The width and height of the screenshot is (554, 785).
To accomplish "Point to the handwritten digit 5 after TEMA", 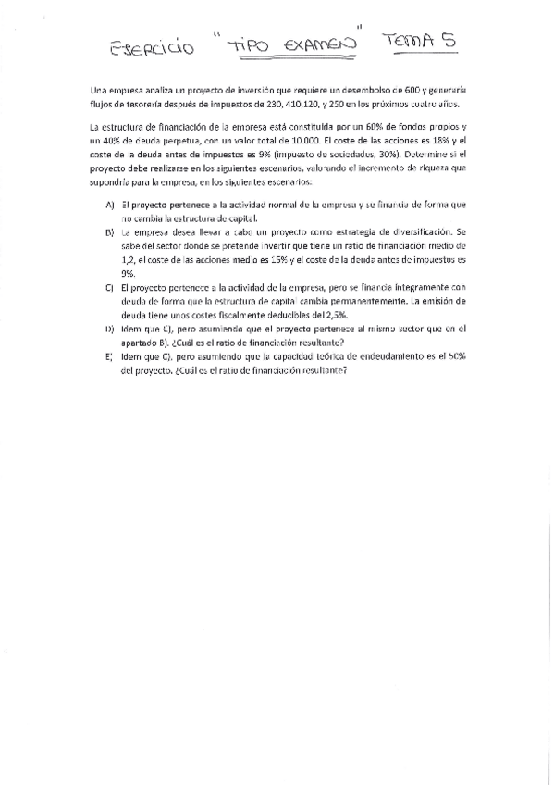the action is click(447, 39).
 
